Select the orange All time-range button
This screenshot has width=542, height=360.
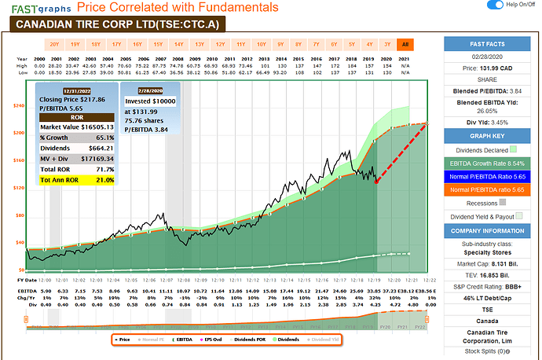click(405, 44)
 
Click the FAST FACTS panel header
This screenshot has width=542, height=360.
click(491, 44)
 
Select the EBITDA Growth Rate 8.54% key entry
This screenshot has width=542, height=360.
click(491, 163)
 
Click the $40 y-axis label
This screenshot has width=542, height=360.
click(19, 242)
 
